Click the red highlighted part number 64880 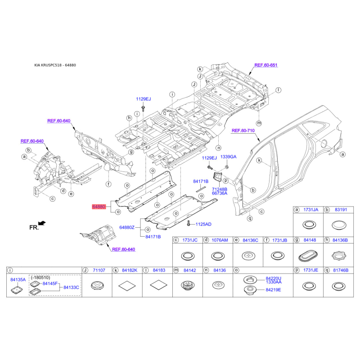99,207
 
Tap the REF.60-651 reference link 265,65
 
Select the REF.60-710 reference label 243,130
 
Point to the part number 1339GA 228,157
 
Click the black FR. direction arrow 42,223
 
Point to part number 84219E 273,289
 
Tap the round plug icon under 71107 96,285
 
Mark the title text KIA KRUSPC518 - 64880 55,65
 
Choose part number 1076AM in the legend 220,240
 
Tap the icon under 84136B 338,256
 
